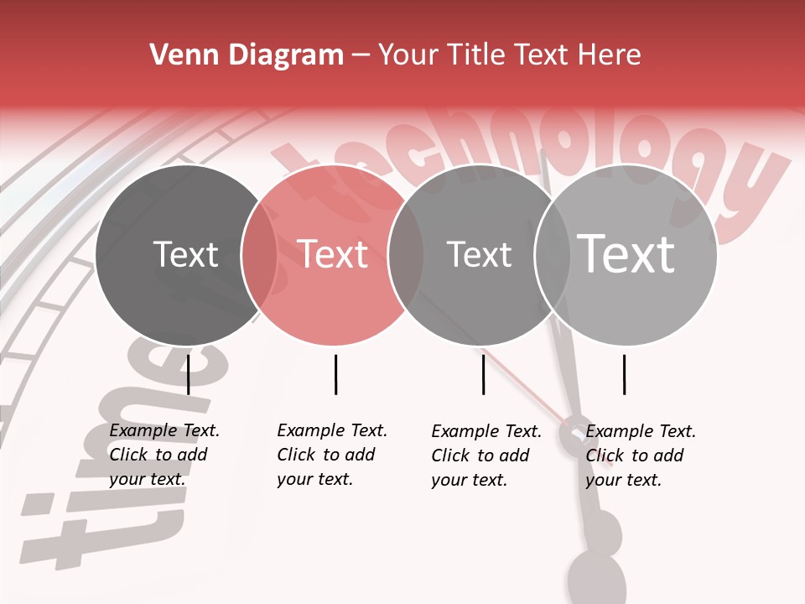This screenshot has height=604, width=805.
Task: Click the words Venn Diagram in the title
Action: pyautogui.click(x=247, y=55)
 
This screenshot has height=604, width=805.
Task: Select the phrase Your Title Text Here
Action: pyautogui.click(x=509, y=55)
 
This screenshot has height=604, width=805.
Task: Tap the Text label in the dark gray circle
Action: pyautogui.click(x=185, y=254)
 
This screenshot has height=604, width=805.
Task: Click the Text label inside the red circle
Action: pyautogui.click(x=332, y=254)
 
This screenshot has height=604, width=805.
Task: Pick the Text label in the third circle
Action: pyautogui.click(x=479, y=254)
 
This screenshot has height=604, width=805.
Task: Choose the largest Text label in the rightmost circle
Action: pyautogui.click(x=626, y=254)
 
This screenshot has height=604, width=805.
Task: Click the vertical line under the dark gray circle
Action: pyautogui.click(x=189, y=374)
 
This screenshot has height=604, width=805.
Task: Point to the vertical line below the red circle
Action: pyautogui.click(x=335, y=374)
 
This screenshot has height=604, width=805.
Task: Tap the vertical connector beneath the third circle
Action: pyautogui.click(x=483, y=374)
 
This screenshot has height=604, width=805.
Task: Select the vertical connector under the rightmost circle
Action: pyautogui.click(x=624, y=374)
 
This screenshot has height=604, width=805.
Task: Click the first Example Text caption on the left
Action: pyautogui.click(x=164, y=455)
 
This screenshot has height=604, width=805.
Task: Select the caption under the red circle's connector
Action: pyautogui.click(x=331, y=455)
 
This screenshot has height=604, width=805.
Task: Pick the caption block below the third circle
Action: pyautogui.click(x=486, y=456)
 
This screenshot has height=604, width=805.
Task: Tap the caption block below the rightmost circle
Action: pyautogui.click(x=640, y=456)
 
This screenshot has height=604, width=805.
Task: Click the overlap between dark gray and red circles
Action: pyautogui.click(x=259, y=255)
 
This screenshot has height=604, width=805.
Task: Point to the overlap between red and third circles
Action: pyautogui.click(x=406, y=255)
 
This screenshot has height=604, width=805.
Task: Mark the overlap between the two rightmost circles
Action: pyautogui.click(x=553, y=255)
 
